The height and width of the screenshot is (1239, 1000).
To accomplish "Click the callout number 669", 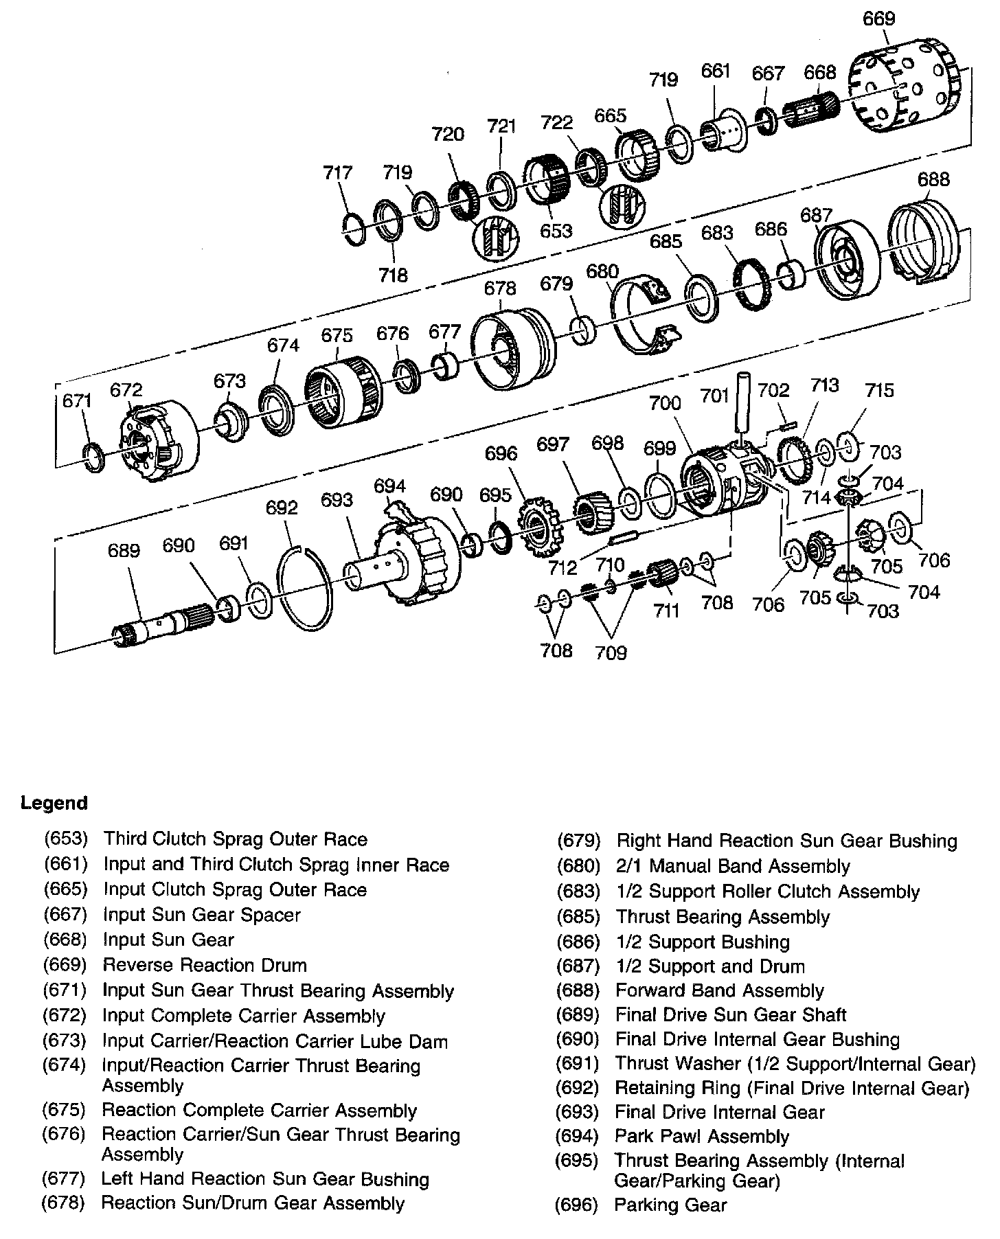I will (879, 19).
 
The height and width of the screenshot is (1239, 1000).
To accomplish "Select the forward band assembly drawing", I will (924, 237).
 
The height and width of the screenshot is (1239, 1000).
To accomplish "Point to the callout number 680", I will (602, 271).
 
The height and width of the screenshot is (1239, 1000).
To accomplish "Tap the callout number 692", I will (282, 508).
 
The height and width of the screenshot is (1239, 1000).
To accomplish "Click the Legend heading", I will (54, 803).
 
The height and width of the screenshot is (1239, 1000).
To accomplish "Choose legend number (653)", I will (66, 839).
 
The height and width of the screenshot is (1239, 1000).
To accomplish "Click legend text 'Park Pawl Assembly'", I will (702, 1137).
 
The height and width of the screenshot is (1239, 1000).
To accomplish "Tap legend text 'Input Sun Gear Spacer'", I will (202, 915).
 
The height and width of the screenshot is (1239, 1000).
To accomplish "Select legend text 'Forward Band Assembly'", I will (720, 990).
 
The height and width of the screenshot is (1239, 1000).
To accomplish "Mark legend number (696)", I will (577, 1205).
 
